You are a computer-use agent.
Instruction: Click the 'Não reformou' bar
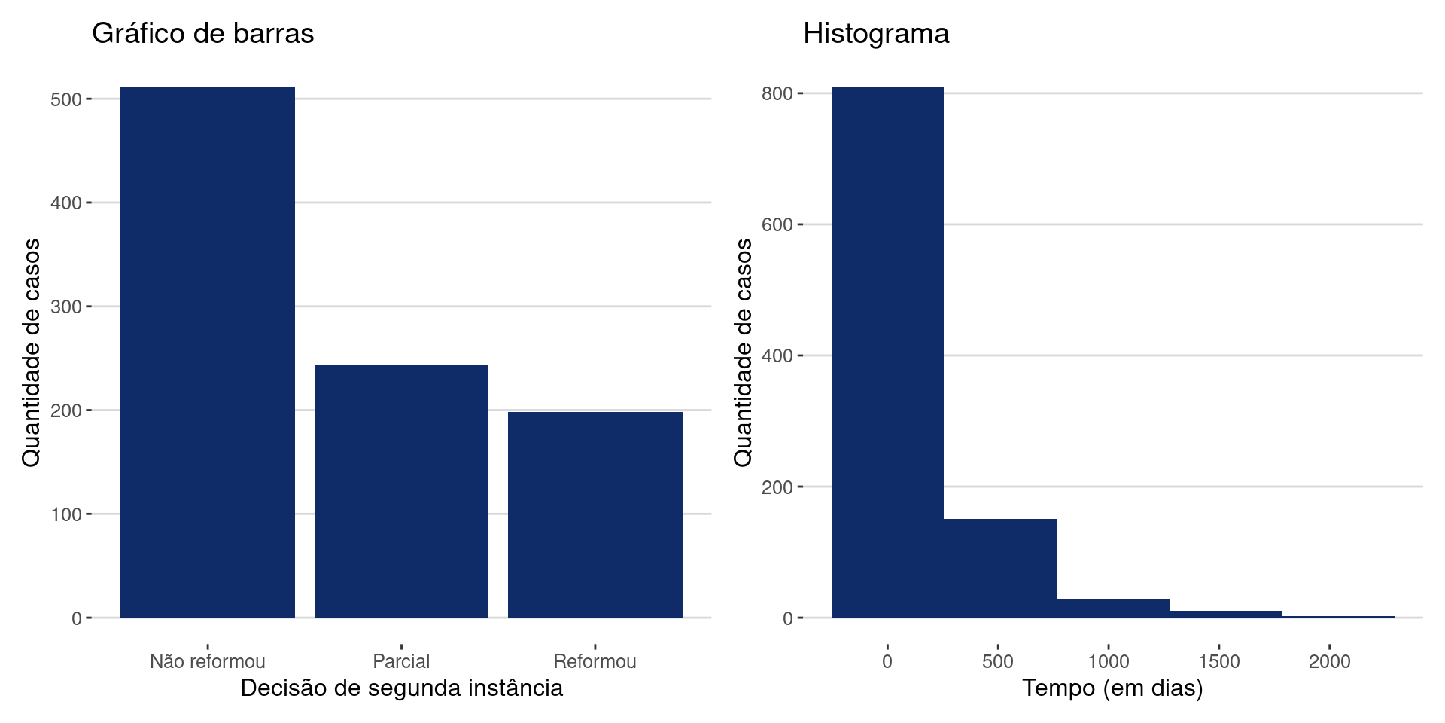click(208, 352)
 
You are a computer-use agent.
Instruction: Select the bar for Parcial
click(401, 491)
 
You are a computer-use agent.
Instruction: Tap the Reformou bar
click(595, 514)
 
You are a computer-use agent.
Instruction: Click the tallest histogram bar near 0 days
click(887, 352)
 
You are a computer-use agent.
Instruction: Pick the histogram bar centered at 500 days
click(1000, 568)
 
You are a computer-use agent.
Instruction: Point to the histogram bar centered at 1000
click(1113, 609)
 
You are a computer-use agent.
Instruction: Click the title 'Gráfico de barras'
click(202, 34)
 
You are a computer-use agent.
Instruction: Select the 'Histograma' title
click(876, 34)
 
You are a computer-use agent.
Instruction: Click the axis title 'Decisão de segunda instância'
click(401, 688)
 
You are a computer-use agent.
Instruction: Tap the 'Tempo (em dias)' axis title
click(1112, 688)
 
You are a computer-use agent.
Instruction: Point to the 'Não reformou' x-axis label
click(208, 661)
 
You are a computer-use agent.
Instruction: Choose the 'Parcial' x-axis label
click(401, 661)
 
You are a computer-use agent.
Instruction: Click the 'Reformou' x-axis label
click(595, 661)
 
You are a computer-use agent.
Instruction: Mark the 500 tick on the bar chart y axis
click(66, 99)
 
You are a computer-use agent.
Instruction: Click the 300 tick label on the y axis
click(66, 307)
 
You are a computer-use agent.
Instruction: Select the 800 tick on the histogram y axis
click(777, 93)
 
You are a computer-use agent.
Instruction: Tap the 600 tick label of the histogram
click(777, 224)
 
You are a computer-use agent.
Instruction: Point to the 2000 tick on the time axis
click(1329, 661)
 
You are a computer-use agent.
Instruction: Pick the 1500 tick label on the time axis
click(1219, 661)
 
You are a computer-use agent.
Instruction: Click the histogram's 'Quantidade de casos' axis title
click(743, 352)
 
